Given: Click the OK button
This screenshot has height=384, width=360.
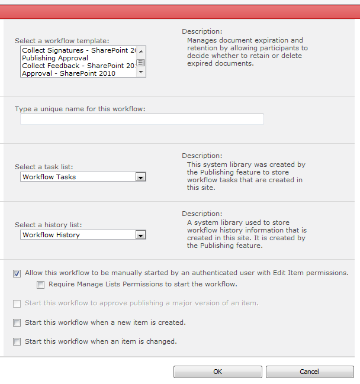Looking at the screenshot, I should pos(217,372).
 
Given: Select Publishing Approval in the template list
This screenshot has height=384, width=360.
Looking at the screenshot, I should pos(55,58).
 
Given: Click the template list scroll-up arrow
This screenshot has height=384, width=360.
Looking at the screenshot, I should pos(141,51).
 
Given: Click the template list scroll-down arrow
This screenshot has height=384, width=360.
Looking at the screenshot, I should pos(141,72).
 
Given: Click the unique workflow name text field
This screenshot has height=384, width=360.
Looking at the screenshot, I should pos(142,120).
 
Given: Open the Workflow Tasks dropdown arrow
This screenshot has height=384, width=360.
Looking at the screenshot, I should pos(140,177).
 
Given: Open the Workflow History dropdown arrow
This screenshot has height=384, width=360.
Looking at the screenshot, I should pos(140,235).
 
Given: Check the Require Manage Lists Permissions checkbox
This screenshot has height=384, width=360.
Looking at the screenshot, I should pos(40,285).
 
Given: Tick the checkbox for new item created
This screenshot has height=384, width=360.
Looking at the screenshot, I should pos(17,323).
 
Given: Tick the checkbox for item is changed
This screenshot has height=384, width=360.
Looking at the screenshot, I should pos(17,341).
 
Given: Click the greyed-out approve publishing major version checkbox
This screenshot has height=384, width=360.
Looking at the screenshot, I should pos(17,304).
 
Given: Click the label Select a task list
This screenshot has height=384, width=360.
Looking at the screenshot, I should pos(48,167).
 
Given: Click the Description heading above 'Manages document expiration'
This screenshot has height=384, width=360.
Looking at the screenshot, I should pos(202,31).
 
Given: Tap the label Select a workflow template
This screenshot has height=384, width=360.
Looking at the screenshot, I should pos(62,41).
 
